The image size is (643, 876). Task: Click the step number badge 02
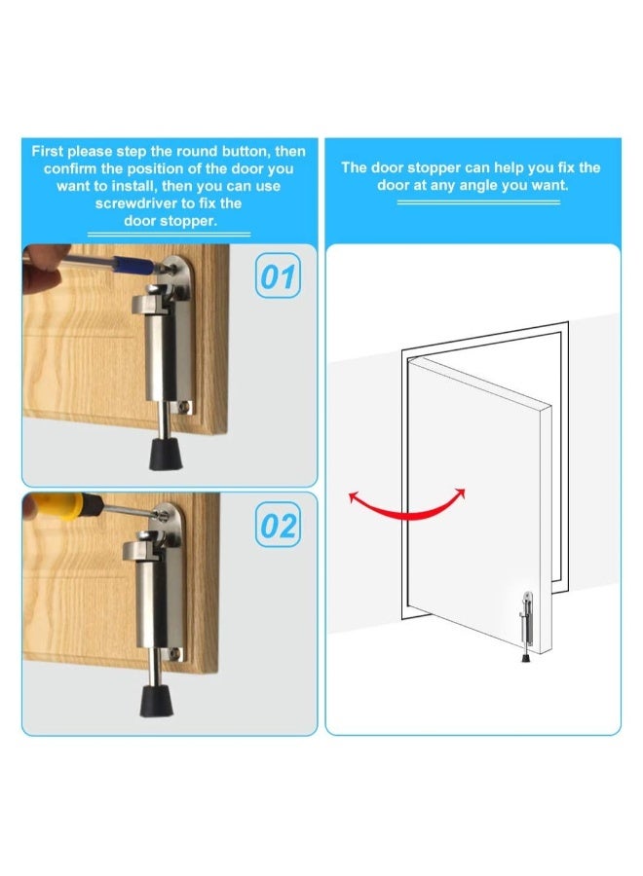point(278,527)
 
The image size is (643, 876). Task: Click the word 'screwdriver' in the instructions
point(135,203)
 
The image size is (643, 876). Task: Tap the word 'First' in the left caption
point(51,151)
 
